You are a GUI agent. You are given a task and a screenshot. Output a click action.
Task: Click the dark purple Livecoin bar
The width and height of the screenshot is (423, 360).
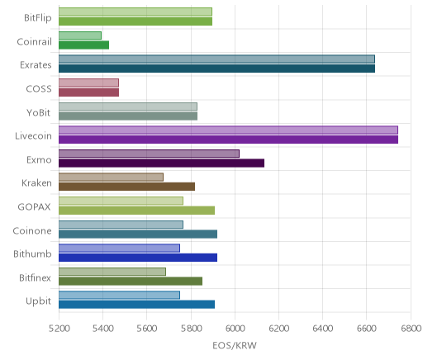[x=228, y=140]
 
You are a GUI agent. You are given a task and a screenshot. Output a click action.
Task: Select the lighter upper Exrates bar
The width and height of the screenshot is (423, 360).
[x=216, y=59]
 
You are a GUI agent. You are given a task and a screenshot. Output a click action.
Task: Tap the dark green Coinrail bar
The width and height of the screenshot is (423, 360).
[x=83, y=45]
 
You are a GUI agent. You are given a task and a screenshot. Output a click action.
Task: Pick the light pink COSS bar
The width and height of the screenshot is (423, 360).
[x=88, y=83]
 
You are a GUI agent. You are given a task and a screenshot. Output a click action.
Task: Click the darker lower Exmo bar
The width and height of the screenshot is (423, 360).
[x=161, y=163]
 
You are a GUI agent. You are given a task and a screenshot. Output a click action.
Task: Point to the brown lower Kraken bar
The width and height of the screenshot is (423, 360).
[x=126, y=187]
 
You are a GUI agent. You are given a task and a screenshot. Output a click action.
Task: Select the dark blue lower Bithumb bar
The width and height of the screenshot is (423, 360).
[x=138, y=258]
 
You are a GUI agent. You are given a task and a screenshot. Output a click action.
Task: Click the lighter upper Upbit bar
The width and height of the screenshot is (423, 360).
[x=119, y=295]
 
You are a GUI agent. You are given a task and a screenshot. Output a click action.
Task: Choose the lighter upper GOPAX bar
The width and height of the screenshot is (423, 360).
[x=121, y=201]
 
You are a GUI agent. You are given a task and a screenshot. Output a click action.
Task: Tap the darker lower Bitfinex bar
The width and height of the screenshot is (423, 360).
[x=131, y=282]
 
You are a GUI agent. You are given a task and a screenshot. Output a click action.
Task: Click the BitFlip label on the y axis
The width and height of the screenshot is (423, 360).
[x=38, y=18]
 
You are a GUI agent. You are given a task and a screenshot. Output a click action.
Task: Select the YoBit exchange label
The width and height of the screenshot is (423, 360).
[x=39, y=113]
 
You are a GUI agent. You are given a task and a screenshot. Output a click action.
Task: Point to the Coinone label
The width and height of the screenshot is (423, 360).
[x=32, y=231]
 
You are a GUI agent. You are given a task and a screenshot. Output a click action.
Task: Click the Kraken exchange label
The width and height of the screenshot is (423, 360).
[x=36, y=183]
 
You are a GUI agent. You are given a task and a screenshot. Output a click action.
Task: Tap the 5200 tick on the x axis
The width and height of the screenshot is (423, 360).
[x=59, y=329]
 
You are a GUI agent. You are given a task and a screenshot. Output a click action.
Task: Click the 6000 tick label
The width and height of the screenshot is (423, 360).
[x=235, y=329]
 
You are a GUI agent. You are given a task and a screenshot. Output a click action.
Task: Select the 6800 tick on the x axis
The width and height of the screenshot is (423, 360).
[x=411, y=329]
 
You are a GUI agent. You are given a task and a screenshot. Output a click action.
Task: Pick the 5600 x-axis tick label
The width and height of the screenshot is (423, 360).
[x=147, y=329]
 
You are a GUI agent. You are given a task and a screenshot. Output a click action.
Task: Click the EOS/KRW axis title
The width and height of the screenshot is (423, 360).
[x=235, y=345]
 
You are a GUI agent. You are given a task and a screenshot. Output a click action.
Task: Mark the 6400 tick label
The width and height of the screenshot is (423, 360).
[x=323, y=329]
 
